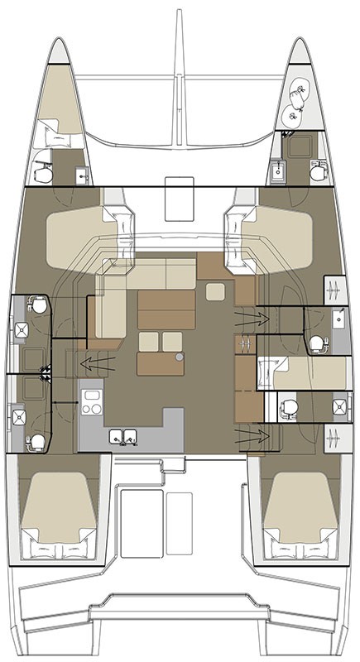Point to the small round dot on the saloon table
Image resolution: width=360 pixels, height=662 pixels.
(x=178, y=357)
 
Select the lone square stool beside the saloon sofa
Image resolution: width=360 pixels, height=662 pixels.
(x=214, y=291)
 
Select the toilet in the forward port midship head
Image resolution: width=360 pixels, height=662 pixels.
(x=35, y=305)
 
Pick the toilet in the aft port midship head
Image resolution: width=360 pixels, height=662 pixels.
(x=35, y=441)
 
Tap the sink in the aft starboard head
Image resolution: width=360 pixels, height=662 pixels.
(x=340, y=405)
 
